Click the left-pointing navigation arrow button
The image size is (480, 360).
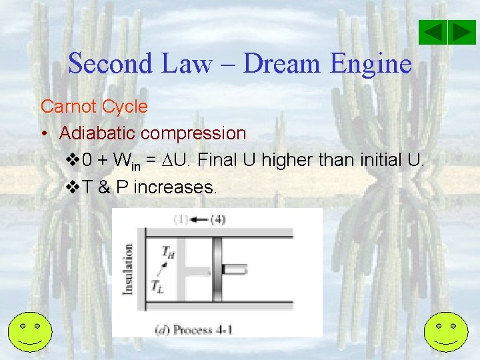point(433,33)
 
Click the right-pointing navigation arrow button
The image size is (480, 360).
point(461,33)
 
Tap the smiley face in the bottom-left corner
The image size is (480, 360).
point(31,333)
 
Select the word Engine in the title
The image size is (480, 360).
point(370,63)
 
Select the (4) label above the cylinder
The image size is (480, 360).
point(217,219)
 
